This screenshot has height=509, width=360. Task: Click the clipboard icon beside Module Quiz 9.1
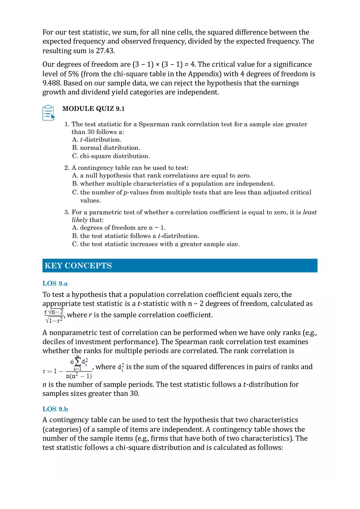coord(49,113)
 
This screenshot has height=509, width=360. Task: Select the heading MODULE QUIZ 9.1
coord(93,109)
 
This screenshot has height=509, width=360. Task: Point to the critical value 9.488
coord(52,83)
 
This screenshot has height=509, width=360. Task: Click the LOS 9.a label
coord(55,283)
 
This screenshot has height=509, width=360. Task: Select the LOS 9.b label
coord(55,408)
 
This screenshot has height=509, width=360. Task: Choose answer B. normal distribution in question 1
coord(106,148)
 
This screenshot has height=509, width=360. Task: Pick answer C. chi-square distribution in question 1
coord(111,156)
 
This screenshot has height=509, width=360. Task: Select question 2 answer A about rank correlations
coord(161,176)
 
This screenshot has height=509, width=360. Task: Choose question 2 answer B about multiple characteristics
coord(173,184)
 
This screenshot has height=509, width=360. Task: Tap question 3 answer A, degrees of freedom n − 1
coord(119,227)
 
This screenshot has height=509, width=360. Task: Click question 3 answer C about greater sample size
coord(155,244)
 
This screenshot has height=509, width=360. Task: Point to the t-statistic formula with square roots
coord(54,315)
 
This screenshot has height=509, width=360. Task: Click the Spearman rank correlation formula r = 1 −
coord(67,367)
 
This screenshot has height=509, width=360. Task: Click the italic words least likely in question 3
coord(309,212)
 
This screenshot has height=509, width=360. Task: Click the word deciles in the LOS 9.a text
coord(54,342)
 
